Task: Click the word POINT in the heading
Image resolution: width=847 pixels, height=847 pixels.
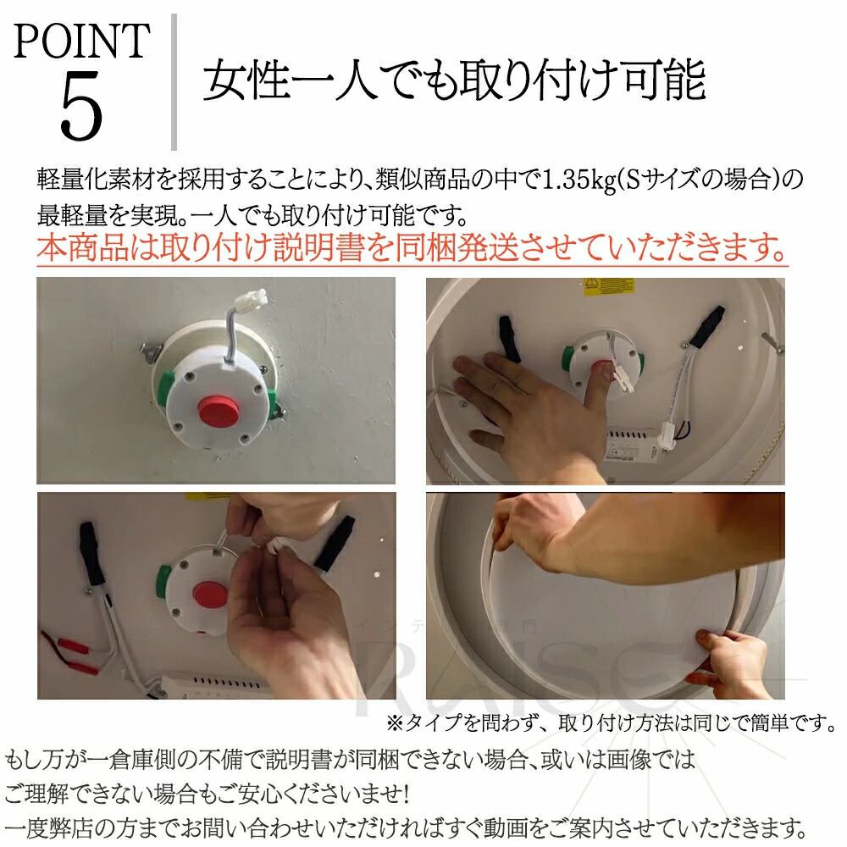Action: pyautogui.click(x=81, y=41)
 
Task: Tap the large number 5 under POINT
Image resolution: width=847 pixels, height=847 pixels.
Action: pyautogui.click(x=81, y=105)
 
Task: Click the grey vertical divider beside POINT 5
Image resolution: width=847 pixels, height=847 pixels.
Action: pyautogui.click(x=174, y=82)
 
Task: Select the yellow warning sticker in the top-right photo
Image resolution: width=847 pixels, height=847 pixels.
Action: pyautogui.click(x=609, y=286)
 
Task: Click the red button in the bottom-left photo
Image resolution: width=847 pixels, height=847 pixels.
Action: pyautogui.click(x=211, y=595)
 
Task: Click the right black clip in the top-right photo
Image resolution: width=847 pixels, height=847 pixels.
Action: pyautogui.click(x=707, y=326)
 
